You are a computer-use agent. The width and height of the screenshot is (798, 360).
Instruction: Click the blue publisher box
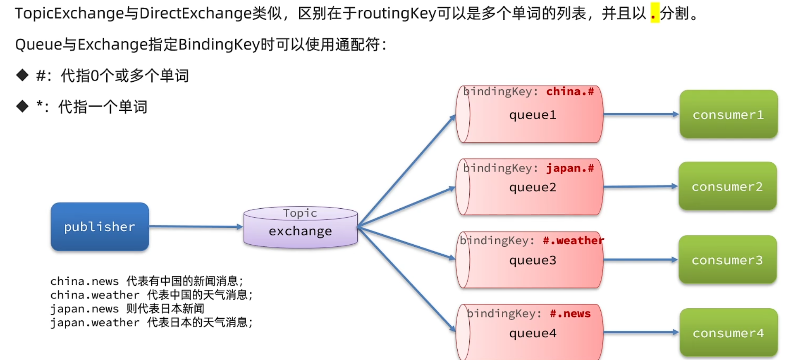[100, 227]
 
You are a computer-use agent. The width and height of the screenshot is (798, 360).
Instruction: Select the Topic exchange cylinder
[300, 227]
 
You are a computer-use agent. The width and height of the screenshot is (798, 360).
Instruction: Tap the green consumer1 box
[728, 114]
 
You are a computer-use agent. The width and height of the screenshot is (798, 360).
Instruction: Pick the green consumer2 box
[727, 186]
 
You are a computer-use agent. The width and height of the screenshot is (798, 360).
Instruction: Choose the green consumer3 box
[727, 260]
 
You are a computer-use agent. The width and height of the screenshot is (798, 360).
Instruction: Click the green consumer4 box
[728, 332]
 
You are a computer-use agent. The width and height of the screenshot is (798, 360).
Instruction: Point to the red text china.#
[570, 92]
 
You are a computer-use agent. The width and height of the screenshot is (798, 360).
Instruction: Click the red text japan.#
[570, 168]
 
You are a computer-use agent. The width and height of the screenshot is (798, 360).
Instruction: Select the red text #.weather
[573, 241]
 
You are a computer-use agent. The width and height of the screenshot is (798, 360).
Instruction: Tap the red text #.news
[570, 313]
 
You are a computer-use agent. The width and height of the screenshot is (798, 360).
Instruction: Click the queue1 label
[533, 115]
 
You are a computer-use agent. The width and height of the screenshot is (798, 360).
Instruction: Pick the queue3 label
[533, 260]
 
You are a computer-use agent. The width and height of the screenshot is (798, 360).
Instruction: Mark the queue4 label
[533, 333]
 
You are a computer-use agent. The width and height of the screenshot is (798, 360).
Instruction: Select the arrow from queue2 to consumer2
[641, 186]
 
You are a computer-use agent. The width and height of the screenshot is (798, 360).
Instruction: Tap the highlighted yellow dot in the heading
[654, 13]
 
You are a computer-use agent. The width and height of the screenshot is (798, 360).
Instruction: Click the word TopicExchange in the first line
[69, 13]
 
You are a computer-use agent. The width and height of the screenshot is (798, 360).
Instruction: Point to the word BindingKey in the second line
[219, 44]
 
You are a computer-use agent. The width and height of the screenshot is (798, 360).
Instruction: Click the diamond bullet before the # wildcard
[22, 75]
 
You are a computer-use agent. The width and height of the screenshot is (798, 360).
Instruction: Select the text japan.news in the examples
[84, 309]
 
